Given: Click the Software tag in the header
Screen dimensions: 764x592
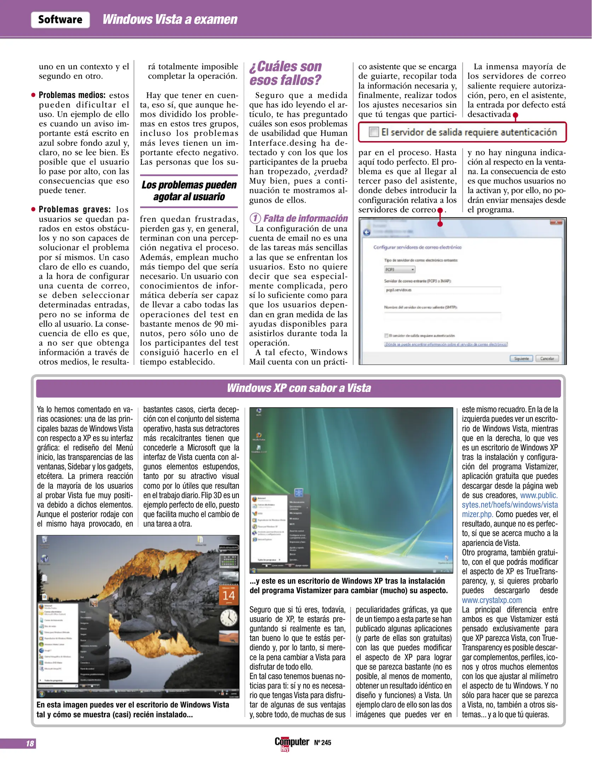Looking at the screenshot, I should pos(60,19).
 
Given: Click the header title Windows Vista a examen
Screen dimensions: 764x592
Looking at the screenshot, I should pos(170,19).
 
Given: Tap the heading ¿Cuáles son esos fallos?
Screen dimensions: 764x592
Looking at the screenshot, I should pos(285,73).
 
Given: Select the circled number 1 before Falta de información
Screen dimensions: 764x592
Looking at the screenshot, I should pos(255,218).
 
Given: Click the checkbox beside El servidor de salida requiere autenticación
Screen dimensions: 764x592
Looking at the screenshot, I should pos(374,132).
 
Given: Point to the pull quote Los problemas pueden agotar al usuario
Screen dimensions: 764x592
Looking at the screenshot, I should pos(189,191).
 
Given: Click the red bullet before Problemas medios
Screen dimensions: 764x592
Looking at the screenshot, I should pos(33,95).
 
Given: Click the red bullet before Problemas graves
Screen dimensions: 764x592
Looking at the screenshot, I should pos(33,209).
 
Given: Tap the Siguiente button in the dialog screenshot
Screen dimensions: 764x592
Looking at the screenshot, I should pos(521,358).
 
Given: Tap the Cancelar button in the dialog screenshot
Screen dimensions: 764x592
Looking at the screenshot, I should pos(547,358).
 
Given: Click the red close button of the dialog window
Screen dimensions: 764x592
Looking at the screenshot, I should pos(556,222).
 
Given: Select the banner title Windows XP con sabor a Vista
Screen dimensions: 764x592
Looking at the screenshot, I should pos(299,388).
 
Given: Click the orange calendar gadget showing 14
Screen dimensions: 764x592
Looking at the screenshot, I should pos(229,596).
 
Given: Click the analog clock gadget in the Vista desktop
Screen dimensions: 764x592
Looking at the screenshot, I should pos(229,618).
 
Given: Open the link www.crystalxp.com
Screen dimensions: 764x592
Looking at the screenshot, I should pos(492,600).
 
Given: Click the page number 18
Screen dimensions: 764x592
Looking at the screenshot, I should pos(30,743).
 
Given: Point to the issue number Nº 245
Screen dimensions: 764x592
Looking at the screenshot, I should pos(322,742).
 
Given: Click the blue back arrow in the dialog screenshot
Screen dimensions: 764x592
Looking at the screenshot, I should pos(367,232).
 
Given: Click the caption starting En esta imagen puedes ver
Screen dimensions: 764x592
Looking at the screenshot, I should pos(133,710).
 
